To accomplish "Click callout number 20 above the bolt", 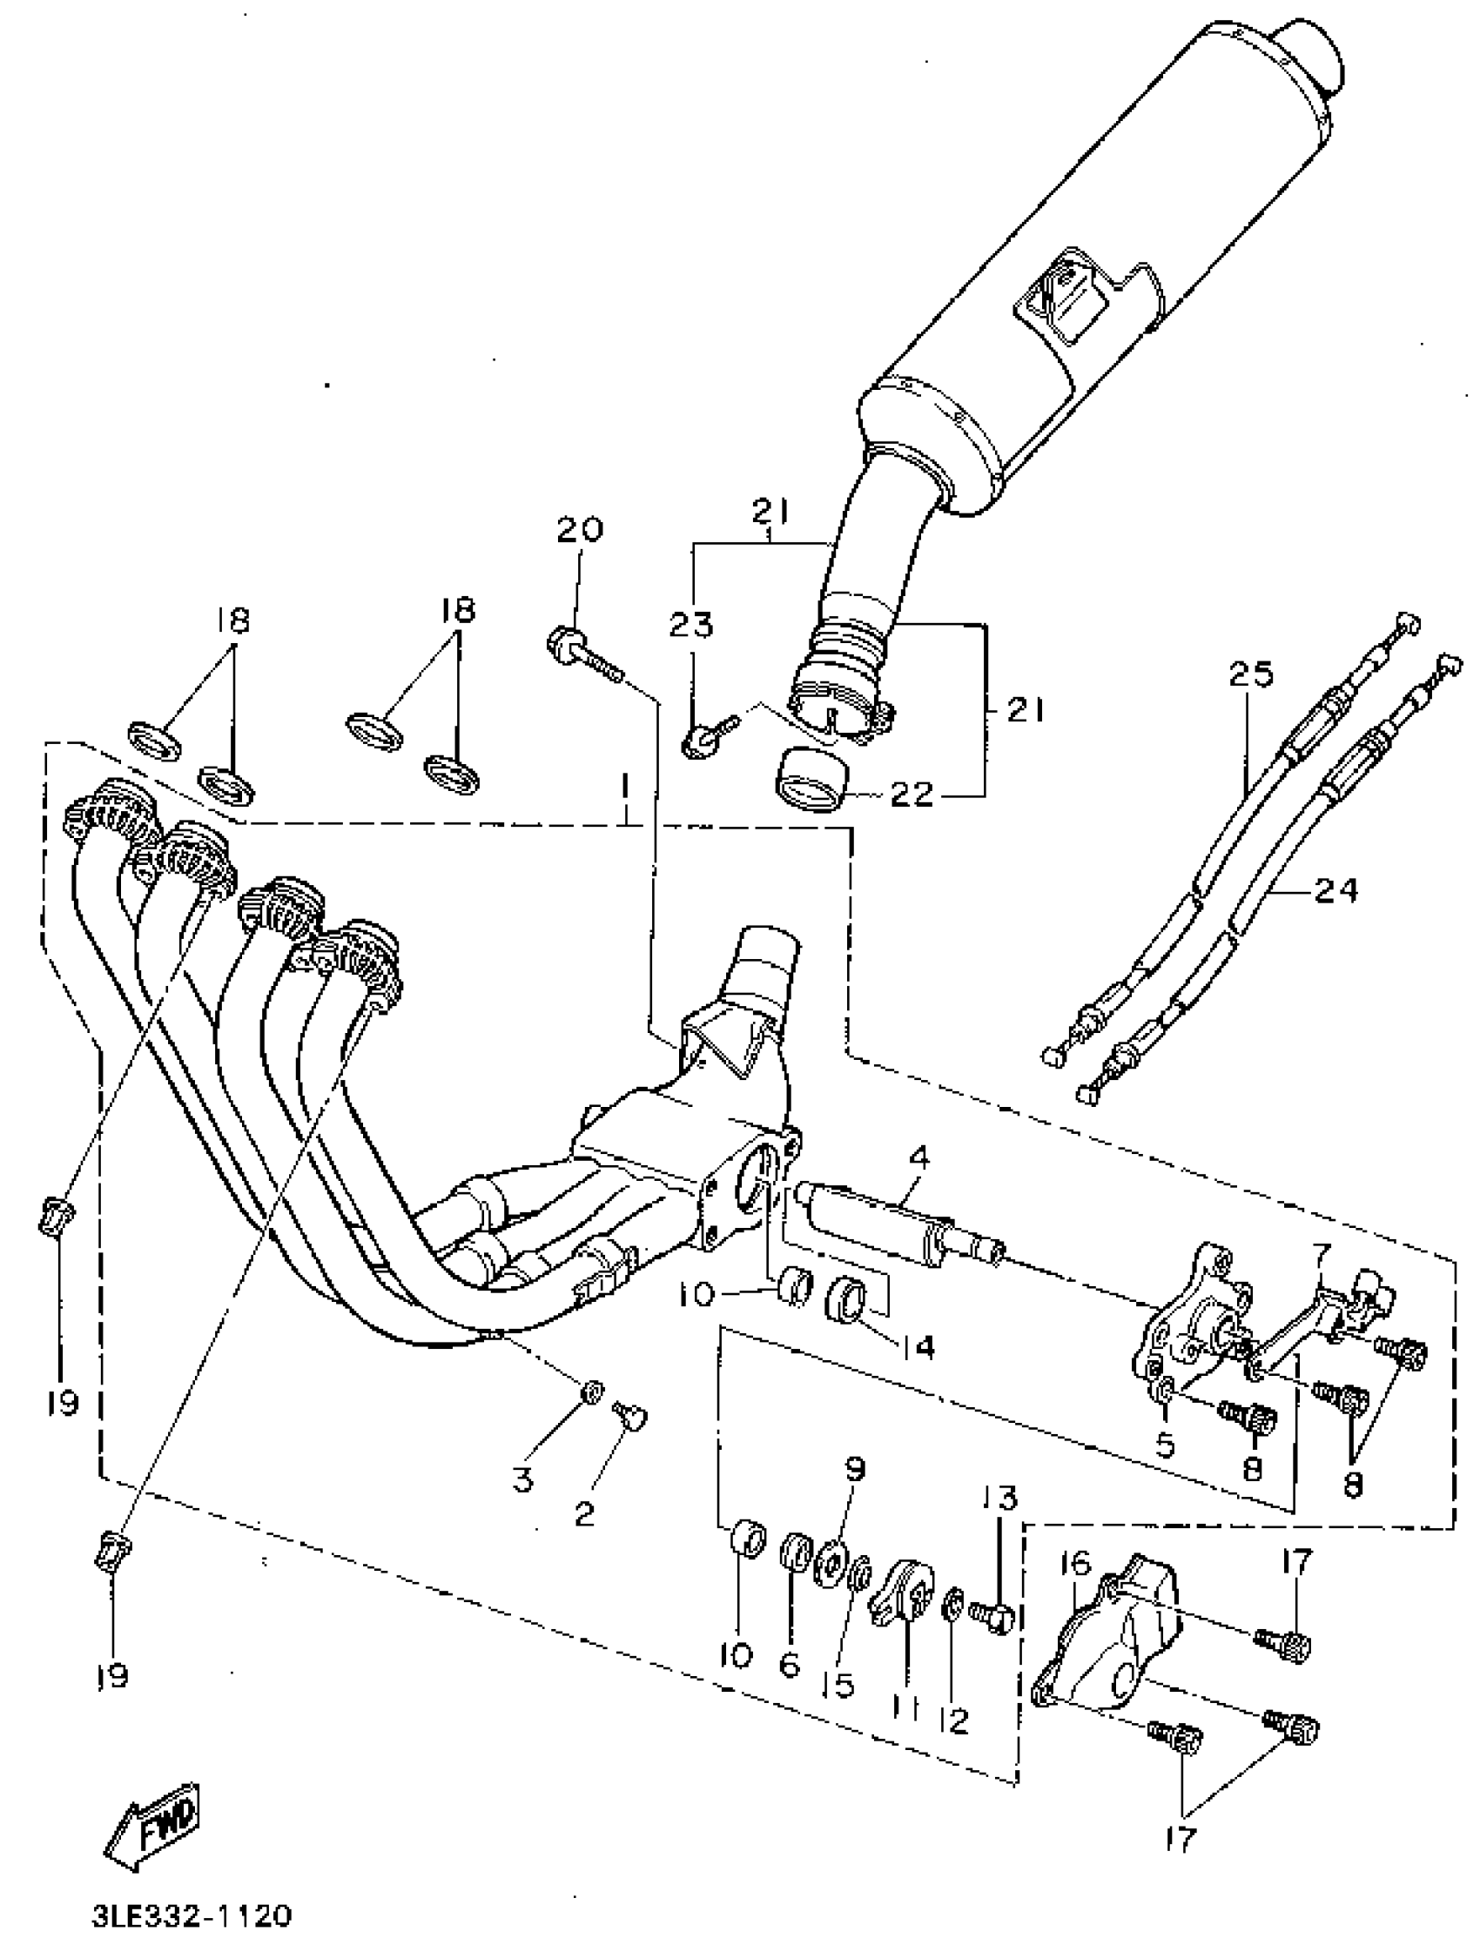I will (580, 529).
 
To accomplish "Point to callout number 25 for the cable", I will (1251, 674).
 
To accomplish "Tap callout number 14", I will (916, 1346).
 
